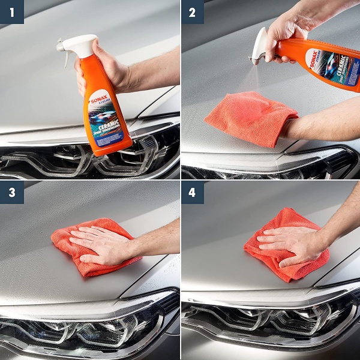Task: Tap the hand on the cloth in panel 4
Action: click(x=294, y=243)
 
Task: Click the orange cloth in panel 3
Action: click(x=72, y=258)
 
